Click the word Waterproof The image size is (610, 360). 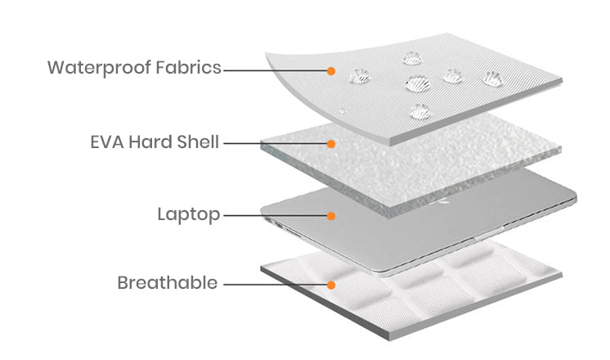pos(99,68)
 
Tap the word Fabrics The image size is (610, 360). pos(188,67)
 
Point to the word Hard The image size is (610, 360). pos(150,142)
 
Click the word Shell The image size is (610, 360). pos(198,142)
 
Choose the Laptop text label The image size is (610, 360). pos(189,215)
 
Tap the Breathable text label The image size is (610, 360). pos(168,282)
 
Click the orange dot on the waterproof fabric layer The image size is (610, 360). pos(331,71)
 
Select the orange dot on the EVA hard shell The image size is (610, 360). pos(331,144)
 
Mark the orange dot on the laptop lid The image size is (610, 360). pos(331,216)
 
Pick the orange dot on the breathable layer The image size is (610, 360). pos(331,286)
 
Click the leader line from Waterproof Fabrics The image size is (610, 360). pos(276,71)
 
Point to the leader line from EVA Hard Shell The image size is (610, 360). pos(276,144)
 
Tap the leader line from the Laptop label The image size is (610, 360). pos(276,215)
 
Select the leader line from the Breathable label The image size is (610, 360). pos(276,285)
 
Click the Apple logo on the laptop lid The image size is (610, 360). pos(444,201)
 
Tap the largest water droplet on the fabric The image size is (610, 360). pos(417,83)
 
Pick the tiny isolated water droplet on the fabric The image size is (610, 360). pos(342,111)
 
